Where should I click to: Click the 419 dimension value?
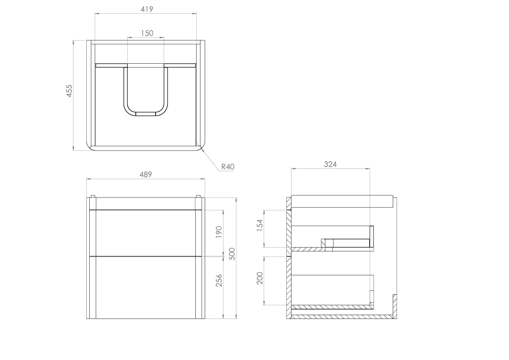[x=146, y=9]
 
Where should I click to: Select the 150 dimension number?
[x=146, y=33]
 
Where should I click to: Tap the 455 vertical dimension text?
[x=69, y=91]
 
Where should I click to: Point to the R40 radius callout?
[x=228, y=167]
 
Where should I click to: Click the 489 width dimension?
[x=145, y=174]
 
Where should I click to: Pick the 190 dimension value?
[x=219, y=232]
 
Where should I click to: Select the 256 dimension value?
[x=219, y=280]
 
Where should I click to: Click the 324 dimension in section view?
[x=330, y=164]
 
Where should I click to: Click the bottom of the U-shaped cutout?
[x=146, y=114]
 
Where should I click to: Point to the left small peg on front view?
[x=92, y=197]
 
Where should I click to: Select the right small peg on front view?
[x=198, y=197]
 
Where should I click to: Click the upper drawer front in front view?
[x=145, y=233]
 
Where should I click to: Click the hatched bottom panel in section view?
[x=342, y=317]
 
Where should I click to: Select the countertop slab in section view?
[x=342, y=201]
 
